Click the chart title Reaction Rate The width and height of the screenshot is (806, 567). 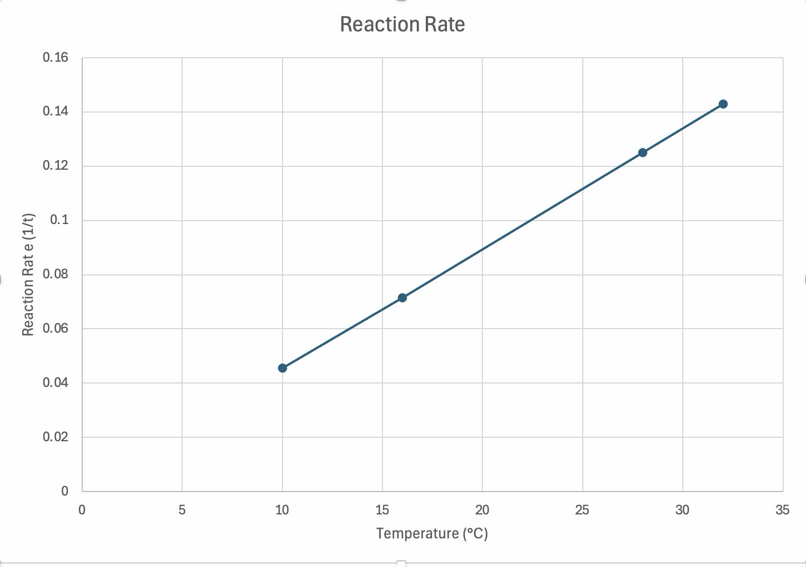click(402, 24)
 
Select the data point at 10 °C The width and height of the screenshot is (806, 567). click(283, 368)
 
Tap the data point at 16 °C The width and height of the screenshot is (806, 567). click(402, 298)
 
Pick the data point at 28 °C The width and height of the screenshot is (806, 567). click(643, 153)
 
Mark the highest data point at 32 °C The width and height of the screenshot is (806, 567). click(723, 104)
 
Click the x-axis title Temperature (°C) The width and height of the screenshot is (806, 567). click(432, 533)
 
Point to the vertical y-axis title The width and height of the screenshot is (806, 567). click(28, 274)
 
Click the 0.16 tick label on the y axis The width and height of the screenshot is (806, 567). click(55, 57)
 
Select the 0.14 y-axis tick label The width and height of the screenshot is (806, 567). click(55, 111)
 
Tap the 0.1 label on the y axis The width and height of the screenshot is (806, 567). click(59, 219)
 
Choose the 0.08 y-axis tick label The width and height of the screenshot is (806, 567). click(55, 274)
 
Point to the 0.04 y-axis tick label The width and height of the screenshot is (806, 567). click(55, 382)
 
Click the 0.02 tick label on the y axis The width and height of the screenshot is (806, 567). click(55, 437)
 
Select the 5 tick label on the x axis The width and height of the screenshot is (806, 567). click(182, 510)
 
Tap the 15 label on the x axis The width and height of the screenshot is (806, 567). click(382, 510)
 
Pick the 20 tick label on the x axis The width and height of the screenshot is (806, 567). click(482, 510)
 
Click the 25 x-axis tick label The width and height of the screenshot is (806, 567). click(582, 510)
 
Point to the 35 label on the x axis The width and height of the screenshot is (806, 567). click(783, 510)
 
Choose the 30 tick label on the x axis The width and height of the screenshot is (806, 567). click(682, 510)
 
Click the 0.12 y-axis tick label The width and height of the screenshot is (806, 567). click(55, 166)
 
